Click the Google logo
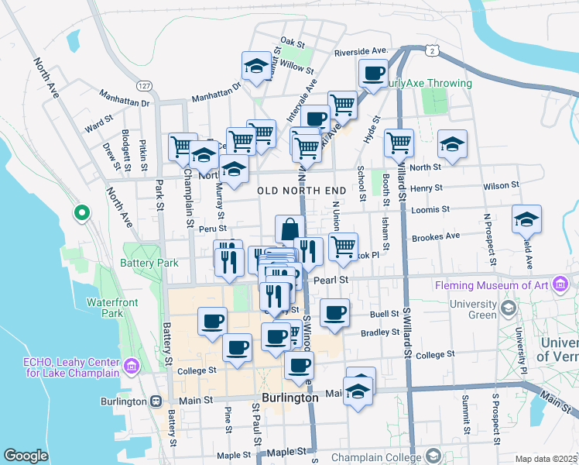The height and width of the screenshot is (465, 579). pos(26,456)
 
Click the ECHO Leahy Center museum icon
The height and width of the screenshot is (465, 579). pos(132,364)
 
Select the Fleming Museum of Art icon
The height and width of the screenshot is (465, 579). pos(560,285)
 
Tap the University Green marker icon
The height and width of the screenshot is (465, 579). pos(508,309)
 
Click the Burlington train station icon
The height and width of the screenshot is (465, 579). pos(156,401)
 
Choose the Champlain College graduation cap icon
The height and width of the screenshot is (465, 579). pos(433,455)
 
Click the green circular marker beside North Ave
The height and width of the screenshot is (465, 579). pos(81,212)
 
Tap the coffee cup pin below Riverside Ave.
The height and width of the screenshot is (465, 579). pos(373,74)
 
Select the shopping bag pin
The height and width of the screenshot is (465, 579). pos(289,229)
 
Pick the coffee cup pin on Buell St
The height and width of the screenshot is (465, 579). pos(334,313)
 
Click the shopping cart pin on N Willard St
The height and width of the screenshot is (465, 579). pos(399,142)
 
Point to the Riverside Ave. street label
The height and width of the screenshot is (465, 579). pos(360,52)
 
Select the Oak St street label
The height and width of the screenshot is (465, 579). pos(293,43)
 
